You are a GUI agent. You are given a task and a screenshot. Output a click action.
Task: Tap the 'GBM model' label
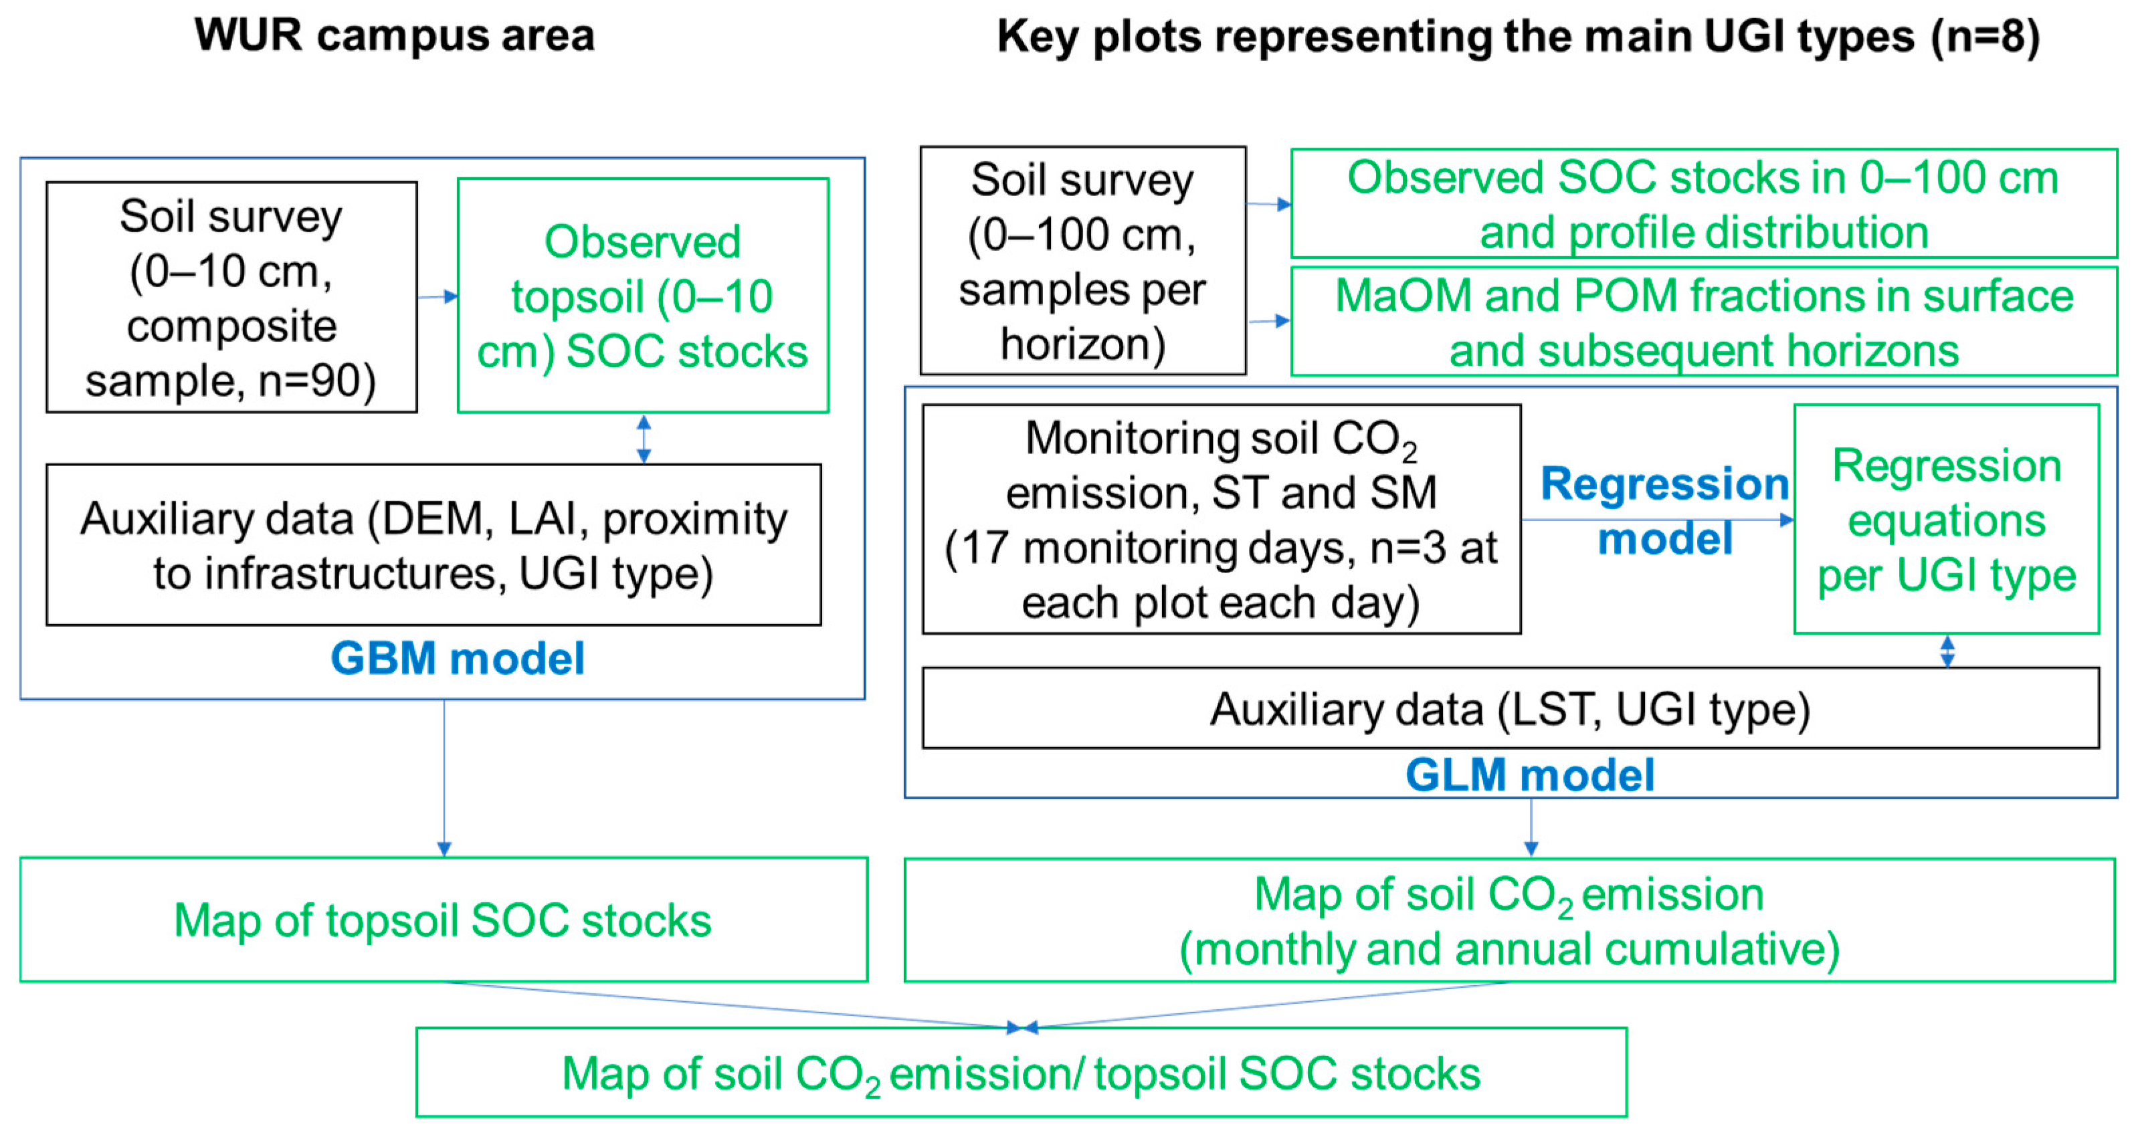click(458, 659)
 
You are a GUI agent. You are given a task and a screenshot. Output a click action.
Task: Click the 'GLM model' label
click(1530, 775)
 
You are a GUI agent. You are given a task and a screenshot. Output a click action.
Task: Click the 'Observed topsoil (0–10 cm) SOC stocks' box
click(643, 296)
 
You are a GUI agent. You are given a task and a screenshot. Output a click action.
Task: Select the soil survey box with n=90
click(231, 298)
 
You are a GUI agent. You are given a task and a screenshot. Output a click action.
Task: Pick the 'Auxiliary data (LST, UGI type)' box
click(1510, 709)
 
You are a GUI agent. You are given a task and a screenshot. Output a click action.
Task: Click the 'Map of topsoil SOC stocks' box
click(443, 920)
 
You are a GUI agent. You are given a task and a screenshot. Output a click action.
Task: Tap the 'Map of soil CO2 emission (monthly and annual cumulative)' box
click(1509, 920)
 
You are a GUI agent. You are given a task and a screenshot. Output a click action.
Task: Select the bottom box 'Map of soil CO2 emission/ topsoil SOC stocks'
click(1021, 1073)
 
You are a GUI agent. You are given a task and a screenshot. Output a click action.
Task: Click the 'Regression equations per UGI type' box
click(1946, 520)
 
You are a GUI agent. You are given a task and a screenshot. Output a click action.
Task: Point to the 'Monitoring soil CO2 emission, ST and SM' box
click(1221, 520)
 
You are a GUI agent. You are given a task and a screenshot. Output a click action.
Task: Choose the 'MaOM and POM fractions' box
click(1704, 322)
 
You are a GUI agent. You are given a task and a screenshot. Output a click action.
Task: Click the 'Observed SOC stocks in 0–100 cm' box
click(1704, 204)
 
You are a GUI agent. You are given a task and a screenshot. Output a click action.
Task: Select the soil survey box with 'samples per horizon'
click(1082, 261)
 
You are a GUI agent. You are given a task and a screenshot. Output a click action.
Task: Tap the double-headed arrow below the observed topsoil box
click(644, 439)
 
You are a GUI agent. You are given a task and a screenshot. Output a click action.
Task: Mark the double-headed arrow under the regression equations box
click(1947, 651)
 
